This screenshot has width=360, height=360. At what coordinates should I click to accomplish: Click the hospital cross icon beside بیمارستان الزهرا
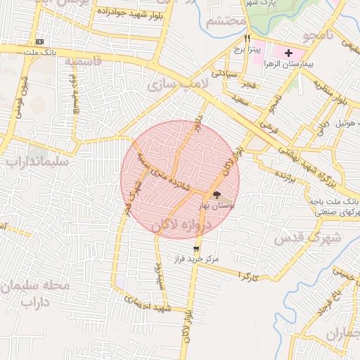pos(288,53)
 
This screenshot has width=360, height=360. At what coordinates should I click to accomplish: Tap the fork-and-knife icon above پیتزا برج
pos(247,38)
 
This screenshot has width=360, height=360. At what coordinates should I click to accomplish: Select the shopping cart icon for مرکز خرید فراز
pos(195,247)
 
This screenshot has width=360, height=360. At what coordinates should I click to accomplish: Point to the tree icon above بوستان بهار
pos(217,195)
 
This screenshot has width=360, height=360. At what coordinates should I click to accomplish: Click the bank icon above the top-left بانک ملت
pos(39,42)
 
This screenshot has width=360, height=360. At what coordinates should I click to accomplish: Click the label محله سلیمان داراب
pos(28,294)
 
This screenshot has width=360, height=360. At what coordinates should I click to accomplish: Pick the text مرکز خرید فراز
pos(197,259)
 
